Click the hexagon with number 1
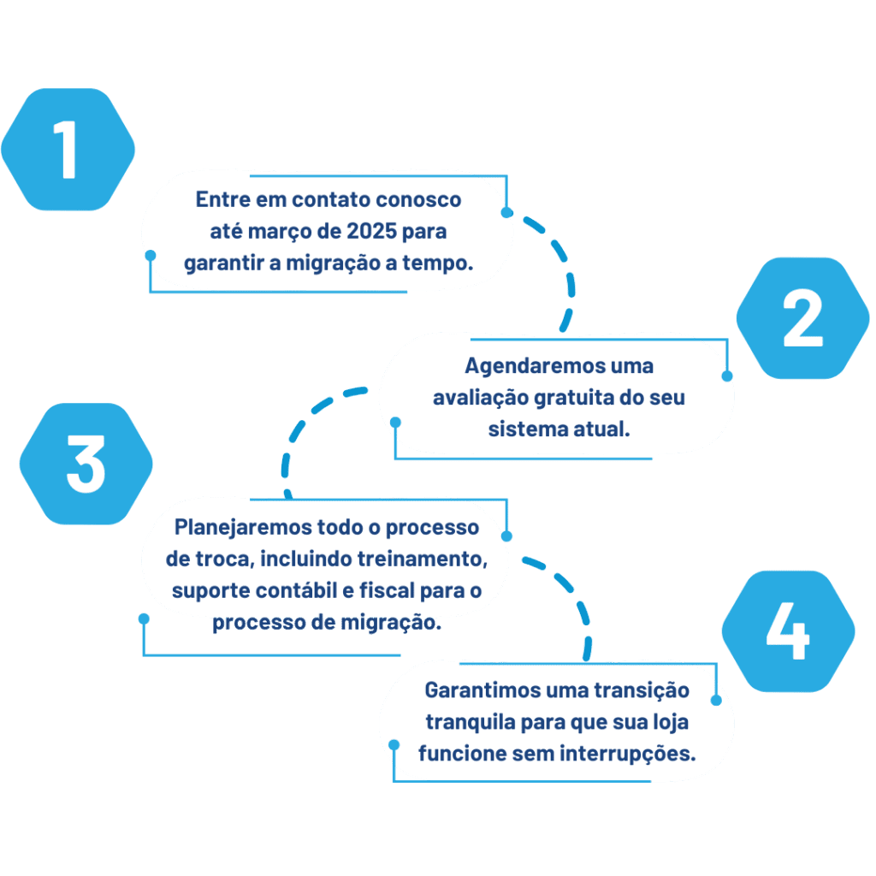pyautogui.click(x=67, y=150)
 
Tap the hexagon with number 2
pyautogui.click(x=802, y=318)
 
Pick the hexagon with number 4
pyautogui.click(x=787, y=631)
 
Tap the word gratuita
pyautogui.click(x=578, y=398)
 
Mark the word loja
pyautogui.click(x=670, y=721)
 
